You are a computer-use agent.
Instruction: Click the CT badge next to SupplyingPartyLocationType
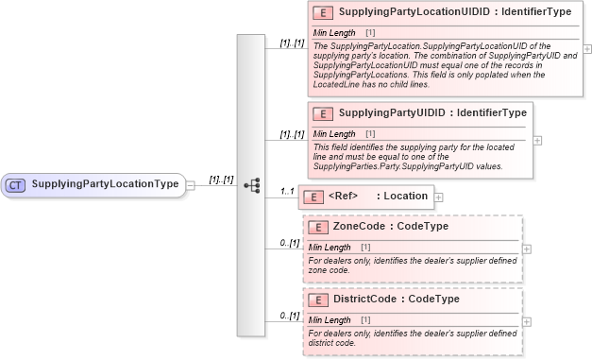tap(16, 184)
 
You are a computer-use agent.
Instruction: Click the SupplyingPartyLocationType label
tap(105, 184)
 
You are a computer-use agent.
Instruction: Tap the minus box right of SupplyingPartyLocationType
tap(192, 185)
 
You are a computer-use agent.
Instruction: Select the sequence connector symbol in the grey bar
tap(251, 185)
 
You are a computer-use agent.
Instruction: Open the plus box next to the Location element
tap(438, 197)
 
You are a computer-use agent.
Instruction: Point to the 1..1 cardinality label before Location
tap(288, 192)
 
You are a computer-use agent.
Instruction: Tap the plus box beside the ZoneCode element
tap(527, 249)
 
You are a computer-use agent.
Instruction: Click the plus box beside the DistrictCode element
tap(527, 322)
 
